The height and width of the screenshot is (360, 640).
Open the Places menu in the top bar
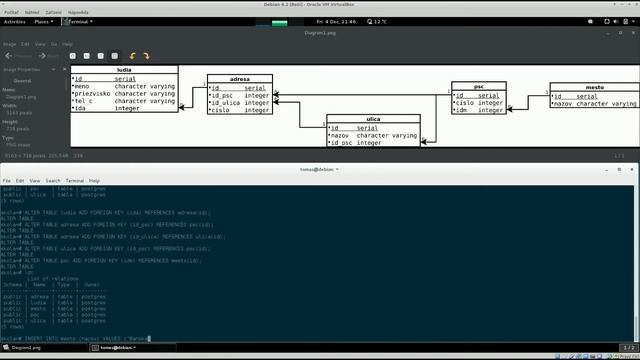point(43,20)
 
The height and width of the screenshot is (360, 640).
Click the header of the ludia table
point(124,70)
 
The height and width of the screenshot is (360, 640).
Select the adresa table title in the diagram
point(240,78)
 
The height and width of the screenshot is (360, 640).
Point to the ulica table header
point(374,119)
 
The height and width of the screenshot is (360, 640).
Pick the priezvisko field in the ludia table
point(91,93)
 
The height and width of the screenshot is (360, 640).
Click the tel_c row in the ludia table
point(85,101)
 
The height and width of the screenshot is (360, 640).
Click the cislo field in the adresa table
point(220,110)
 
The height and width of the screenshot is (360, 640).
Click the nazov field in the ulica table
point(344,135)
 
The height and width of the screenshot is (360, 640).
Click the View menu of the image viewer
point(39,44)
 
